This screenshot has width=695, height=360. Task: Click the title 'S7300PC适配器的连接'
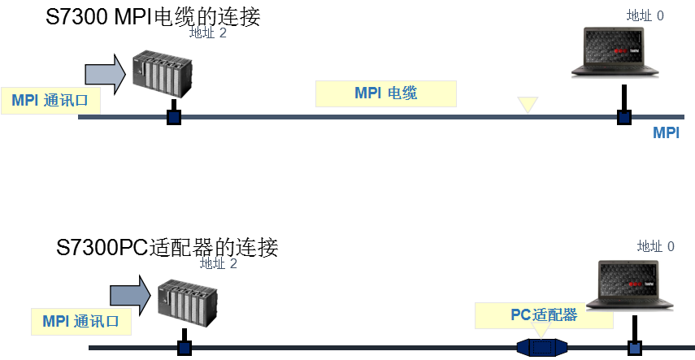[167, 246]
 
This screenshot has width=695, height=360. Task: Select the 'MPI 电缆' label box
[386, 93]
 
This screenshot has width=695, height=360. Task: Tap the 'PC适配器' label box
[544, 314]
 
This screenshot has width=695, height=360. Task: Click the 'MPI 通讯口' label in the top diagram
[55, 100]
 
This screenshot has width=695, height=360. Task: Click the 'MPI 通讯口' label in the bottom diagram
[80, 321]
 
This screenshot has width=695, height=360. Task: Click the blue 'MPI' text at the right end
[666, 133]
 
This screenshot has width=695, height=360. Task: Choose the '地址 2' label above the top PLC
[207, 33]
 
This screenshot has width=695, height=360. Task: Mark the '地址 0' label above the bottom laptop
[656, 245]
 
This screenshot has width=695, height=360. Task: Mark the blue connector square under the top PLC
[173, 117]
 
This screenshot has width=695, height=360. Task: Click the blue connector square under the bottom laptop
[635, 349]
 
